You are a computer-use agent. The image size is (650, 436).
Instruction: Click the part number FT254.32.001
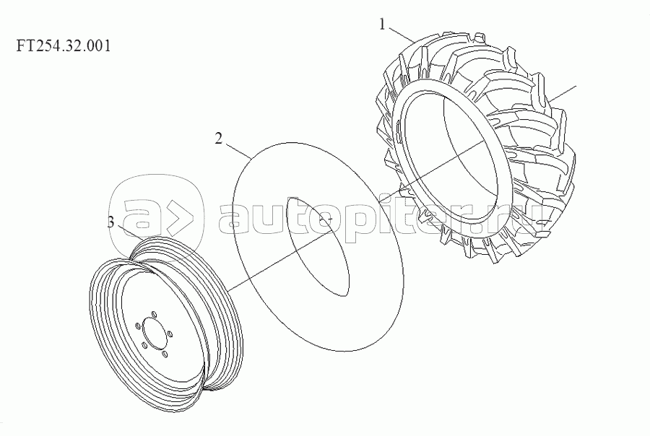(x=64, y=45)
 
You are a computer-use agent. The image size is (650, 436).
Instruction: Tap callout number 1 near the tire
(x=382, y=25)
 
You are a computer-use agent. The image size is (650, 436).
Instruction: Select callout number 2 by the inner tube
(x=218, y=139)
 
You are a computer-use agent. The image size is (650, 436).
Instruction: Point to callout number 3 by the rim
(x=110, y=222)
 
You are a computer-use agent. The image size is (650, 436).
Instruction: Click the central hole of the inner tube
(x=318, y=247)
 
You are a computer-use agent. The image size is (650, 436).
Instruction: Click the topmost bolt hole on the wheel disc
(x=153, y=314)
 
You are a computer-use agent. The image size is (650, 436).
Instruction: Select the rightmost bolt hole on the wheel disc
(x=170, y=333)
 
